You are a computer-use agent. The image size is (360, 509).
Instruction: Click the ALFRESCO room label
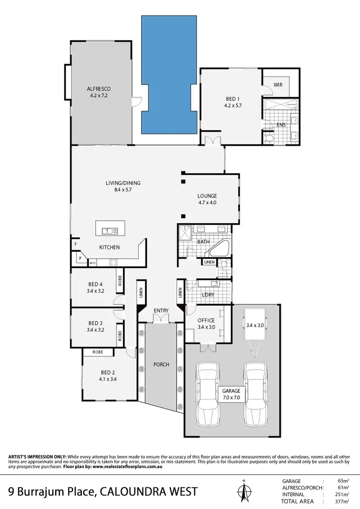[99, 89]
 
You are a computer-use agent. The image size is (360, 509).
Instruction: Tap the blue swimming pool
[168, 74]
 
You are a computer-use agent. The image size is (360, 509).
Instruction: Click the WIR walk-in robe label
[278, 84]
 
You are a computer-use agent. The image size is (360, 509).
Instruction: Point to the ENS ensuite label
[281, 125]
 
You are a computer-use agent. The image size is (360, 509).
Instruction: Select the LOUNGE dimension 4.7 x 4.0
[207, 202]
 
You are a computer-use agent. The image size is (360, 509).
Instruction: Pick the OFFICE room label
[206, 320]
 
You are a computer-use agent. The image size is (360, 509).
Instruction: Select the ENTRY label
[161, 311]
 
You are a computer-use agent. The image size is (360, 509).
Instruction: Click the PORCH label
[161, 365]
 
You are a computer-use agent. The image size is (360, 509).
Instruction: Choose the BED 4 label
[96, 284]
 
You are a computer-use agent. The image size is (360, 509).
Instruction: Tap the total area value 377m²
[341, 501]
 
